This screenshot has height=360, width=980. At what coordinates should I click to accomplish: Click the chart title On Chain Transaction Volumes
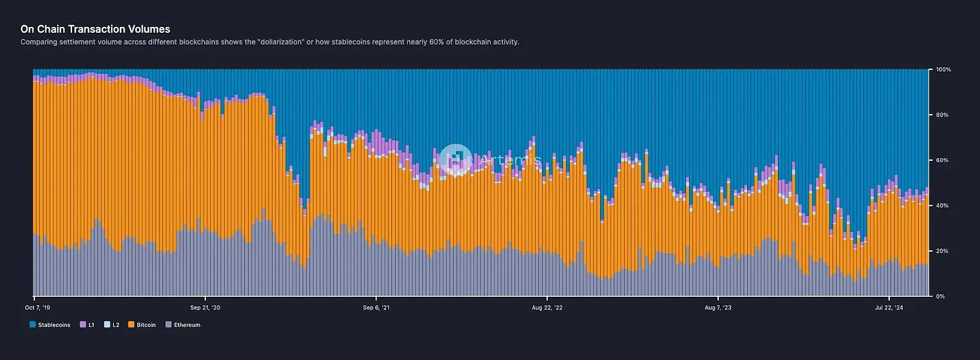pos(95,29)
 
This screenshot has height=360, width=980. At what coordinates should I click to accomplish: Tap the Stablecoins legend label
pos(54,325)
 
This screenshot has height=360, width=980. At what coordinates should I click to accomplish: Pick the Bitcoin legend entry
pos(145,325)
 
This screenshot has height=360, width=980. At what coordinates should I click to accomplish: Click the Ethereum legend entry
pos(186,325)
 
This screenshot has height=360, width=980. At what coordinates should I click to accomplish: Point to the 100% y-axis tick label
pos(942,70)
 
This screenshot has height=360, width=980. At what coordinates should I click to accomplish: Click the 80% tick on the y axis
pos(942,115)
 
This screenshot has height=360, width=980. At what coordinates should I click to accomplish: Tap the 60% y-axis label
pos(942,160)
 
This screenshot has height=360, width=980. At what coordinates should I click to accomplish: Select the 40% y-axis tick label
pos(942,205)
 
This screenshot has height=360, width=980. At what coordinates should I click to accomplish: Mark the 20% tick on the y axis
pos(942,251)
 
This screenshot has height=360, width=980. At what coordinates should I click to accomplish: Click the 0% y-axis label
pos(940,296)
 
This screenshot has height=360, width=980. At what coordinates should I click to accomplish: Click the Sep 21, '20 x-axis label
pos(206,307)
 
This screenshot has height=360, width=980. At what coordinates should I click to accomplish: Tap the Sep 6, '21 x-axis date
pos(377,307)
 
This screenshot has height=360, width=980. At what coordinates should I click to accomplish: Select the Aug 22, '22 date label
pos(548,307)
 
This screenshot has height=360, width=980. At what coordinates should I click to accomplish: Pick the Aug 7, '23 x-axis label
pos(719,307)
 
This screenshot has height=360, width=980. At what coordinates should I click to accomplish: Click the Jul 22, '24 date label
pos(889,307)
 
